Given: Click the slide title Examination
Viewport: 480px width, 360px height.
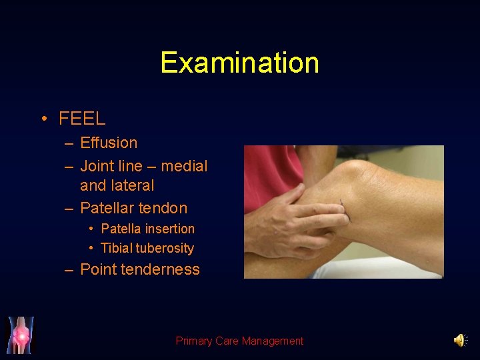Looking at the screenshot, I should click(x=239, y=63).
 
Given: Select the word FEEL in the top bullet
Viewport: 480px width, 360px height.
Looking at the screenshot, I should click(x=82, y=119).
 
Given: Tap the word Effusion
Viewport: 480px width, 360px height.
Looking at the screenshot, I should click(x=109, y=143).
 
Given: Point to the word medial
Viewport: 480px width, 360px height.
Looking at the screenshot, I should click(x=185, y=166).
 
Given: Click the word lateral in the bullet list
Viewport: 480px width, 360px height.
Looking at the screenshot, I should click(x=131, y=185).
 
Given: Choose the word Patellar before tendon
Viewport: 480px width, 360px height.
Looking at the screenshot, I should click(x=107, y=208).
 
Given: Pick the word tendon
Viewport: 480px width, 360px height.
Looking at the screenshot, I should click(x=163, y=208).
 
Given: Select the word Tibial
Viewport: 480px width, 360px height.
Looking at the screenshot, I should click(x=116, y=248).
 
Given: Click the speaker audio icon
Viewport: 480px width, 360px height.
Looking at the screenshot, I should click(x=460, y=341).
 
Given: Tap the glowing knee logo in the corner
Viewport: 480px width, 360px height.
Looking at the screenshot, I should click(x=20, y=335).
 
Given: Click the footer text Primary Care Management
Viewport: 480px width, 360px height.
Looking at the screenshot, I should click(x=239, y=341).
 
